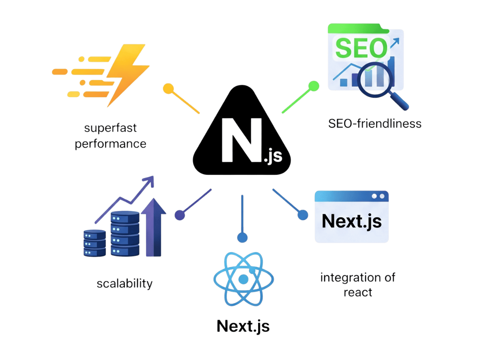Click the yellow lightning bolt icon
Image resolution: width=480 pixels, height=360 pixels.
pos(128,76)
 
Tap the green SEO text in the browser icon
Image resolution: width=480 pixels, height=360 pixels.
pos(361,48)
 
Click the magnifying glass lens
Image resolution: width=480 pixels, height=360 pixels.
pos(375,80)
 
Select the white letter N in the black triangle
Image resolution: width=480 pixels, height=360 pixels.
pos(242,140)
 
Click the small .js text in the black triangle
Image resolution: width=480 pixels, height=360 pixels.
pos(273,156)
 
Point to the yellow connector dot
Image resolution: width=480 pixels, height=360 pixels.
pos(168,88)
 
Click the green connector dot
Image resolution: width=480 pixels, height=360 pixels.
pos(314,86)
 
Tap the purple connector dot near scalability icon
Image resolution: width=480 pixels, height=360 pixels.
pos(180,215)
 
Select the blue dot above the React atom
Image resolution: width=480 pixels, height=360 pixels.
pos(242,238)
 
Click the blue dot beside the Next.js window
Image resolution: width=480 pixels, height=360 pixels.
pos(303,215)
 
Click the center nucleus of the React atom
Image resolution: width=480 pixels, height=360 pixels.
pos(243,279)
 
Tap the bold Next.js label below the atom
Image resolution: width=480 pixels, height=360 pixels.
pos(243,326)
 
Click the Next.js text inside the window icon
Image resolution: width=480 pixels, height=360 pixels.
pos(352,221)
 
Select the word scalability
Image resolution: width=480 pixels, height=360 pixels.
pos(124,284)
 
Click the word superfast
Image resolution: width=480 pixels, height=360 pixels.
pos(110,128)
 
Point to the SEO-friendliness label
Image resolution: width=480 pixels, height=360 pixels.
pos(374,124)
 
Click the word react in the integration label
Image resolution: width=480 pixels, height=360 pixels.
pos(358,292)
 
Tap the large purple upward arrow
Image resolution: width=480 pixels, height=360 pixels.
pos(154,227)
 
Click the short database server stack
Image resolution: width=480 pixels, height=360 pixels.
pos(94,243)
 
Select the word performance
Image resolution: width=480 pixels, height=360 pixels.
pos(110,144)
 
